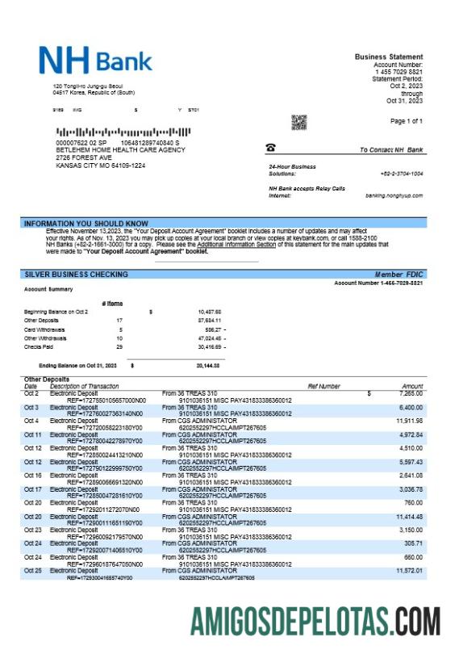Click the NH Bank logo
[95, 61]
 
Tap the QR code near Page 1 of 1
[299, 122]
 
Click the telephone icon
[270, 148]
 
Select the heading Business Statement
[388, 56]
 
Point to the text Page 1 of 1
[406, 121]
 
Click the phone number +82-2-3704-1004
[401, 174]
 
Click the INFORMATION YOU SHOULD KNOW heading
[86, 223]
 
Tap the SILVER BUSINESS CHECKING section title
[76, 275]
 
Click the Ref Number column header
[323, 387]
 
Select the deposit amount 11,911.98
[409, 421]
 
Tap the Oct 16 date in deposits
[32, 476]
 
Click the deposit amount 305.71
[411, 543]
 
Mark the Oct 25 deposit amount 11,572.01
[409, 571]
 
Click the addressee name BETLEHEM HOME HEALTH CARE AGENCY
[120, 150]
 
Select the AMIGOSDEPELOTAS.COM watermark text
[315, 623]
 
